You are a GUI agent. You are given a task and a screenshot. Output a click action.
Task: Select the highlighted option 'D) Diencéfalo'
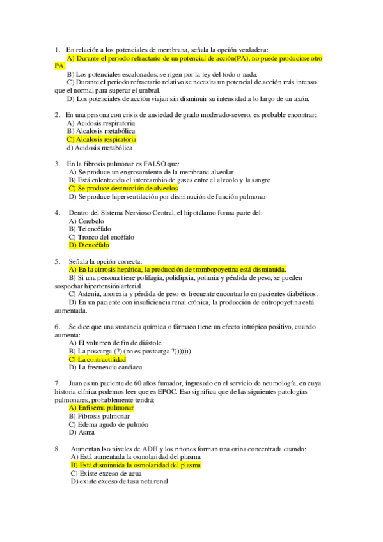(89, 245)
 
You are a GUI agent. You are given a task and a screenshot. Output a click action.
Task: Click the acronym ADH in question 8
(166, 449)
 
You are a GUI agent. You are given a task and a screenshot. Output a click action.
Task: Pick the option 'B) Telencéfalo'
(90, 228)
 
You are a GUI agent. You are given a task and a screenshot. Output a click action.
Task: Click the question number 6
(57, 327)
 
